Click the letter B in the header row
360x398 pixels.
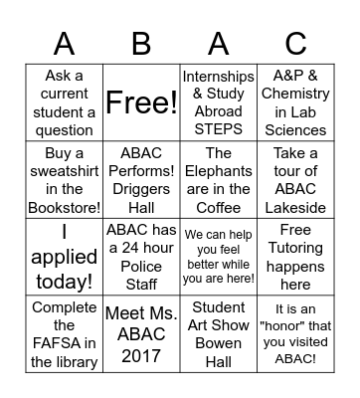click(x=141, y=43)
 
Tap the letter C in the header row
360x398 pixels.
click(x=295, y=43)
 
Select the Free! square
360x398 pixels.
click(x=141, y=103)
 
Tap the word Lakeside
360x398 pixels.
click(x=295, y=207)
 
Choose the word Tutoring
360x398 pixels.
click(x=295, y=249)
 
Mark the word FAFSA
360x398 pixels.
click(x=65, y=343)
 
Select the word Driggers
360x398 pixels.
click(x=141, y=189)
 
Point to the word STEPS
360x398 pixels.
click(x=218, y=129)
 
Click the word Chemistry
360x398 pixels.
click(x=295, y=95)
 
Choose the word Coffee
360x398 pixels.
click(x=218, y=207)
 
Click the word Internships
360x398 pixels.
click(x=218, y=77)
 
